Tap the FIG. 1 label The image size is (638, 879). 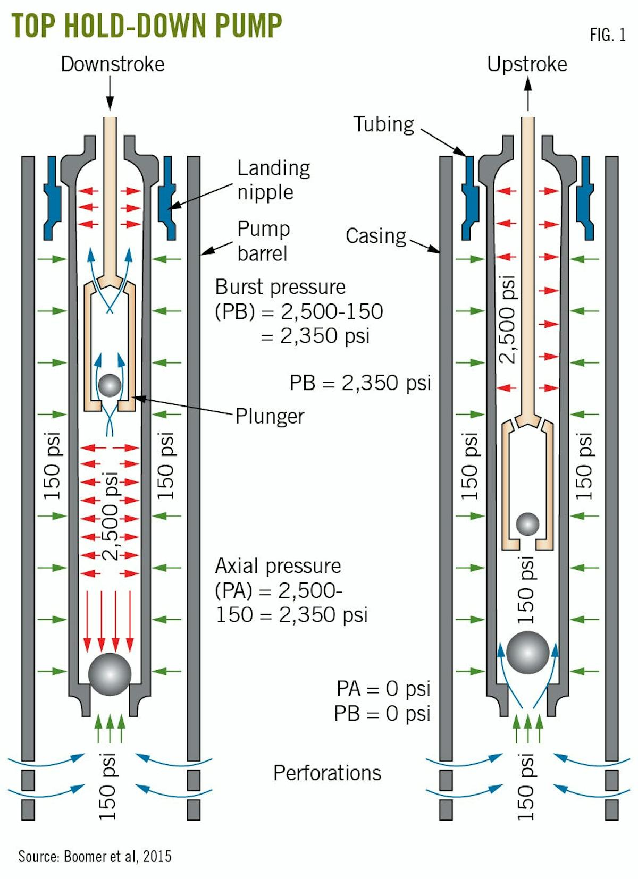[607, 35]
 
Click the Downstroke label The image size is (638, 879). [113, 64]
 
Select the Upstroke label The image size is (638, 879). [527, 64]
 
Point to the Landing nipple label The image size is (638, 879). [273, 180]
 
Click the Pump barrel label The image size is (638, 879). [263, 241]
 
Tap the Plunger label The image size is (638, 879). [270, 416]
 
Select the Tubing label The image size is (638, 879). [383, 124]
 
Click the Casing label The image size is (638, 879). [375, 236]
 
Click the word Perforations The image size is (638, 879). [327, 773]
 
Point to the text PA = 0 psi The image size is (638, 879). [383, 689]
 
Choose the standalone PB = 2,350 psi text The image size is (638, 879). [360, 383]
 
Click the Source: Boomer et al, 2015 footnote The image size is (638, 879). [95, 856]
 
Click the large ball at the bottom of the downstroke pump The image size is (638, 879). [110, 674]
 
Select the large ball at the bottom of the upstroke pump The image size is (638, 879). [527, 652]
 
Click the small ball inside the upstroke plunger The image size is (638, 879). [528, 524]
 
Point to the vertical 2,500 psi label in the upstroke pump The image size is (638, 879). [508, 320]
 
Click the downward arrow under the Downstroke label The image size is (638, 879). [110, 93]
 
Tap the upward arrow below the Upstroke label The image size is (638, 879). [527, 94]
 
